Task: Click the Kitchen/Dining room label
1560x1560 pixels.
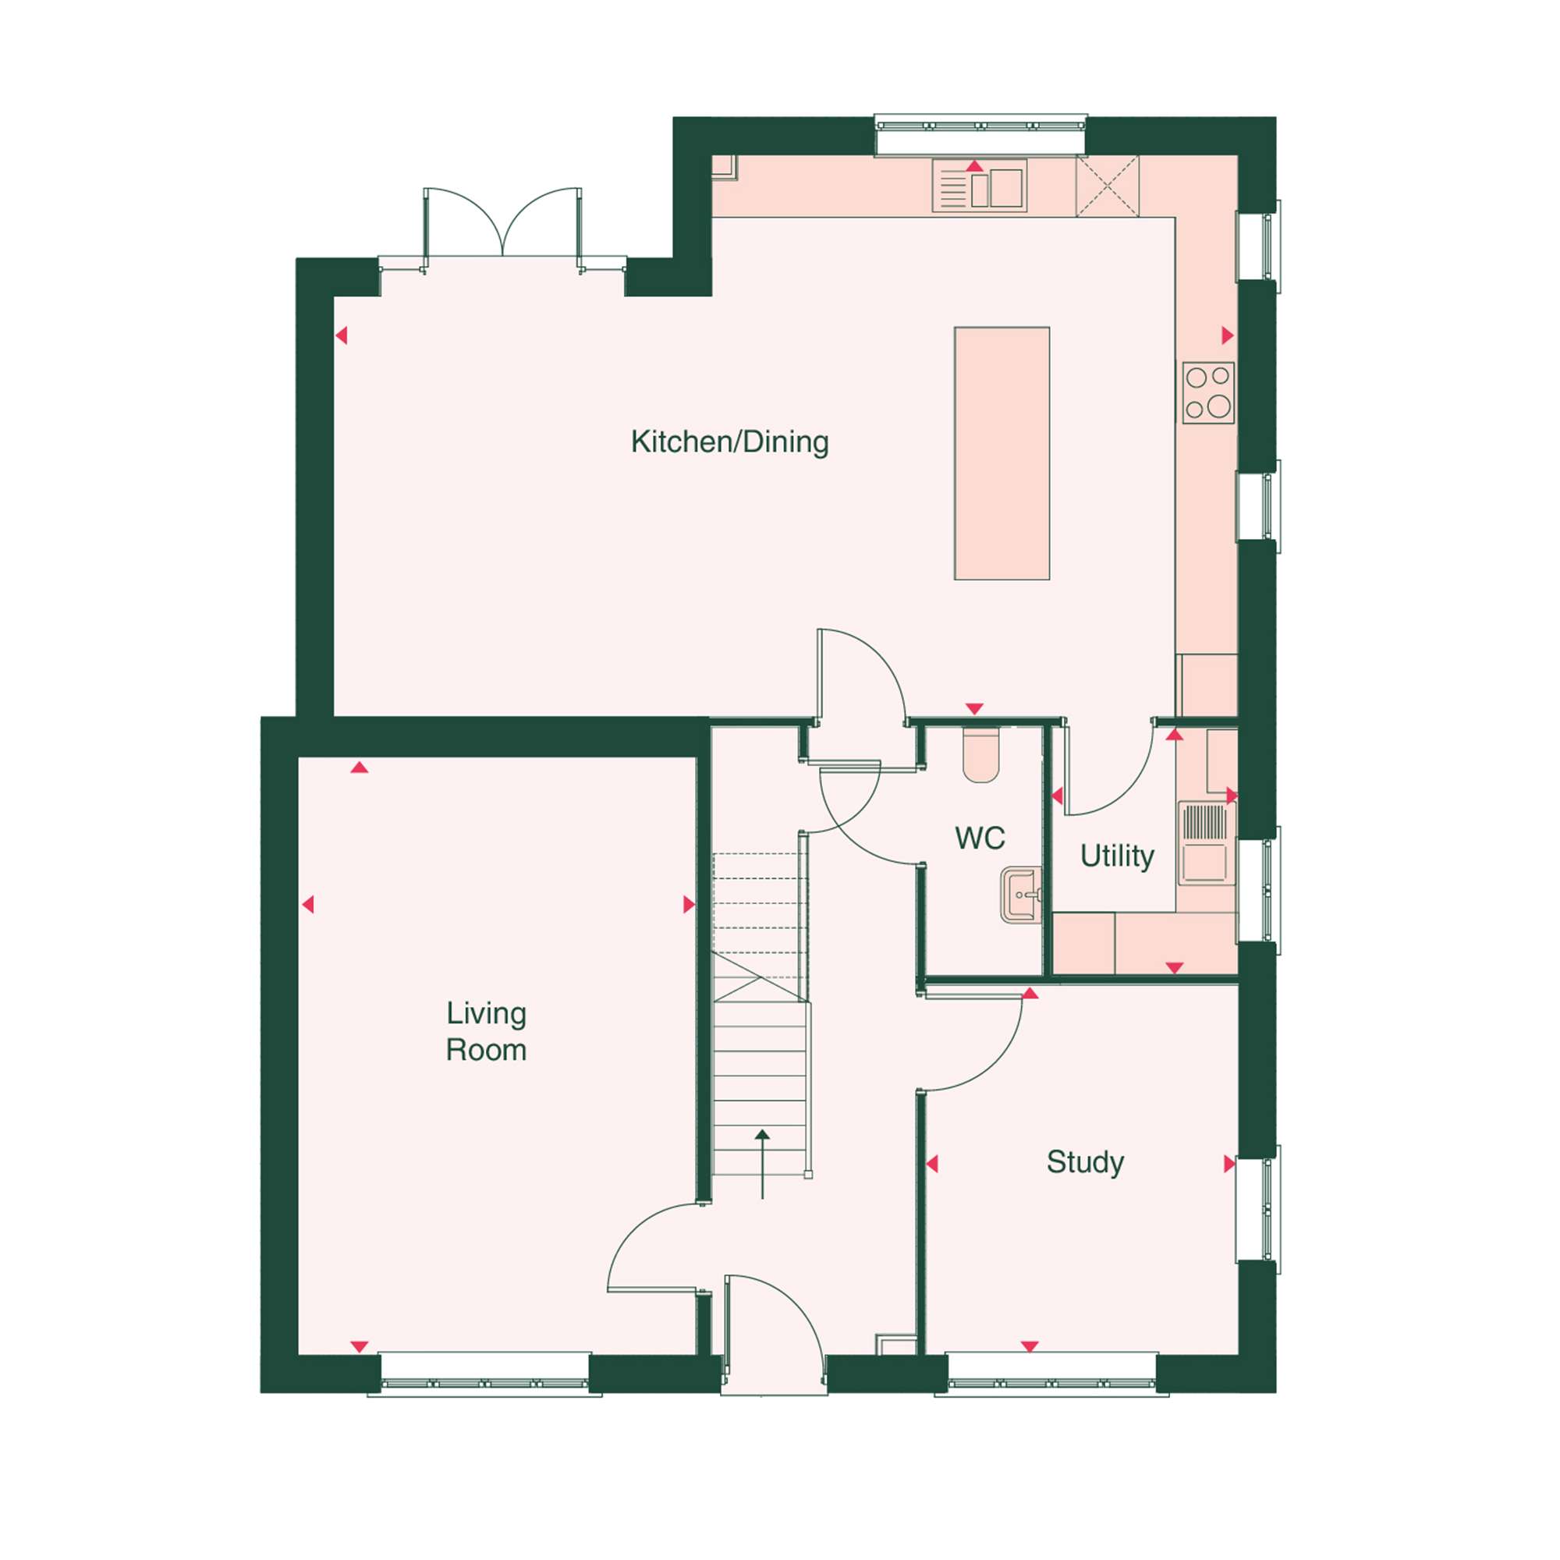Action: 729,442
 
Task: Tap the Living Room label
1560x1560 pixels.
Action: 486,1031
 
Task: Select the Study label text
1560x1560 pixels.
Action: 1084,1162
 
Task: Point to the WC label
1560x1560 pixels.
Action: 980,838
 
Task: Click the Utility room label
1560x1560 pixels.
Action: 1117,856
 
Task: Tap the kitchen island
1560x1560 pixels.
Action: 1002,453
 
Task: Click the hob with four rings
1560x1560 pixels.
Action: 1208,392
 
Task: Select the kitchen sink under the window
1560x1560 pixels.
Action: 980,185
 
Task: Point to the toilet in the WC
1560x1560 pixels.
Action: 981,757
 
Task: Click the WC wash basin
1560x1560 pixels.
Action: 1020,894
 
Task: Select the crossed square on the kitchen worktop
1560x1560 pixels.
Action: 1108,186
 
